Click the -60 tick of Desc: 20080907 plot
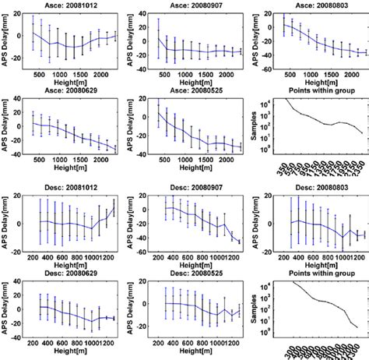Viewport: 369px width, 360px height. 147,252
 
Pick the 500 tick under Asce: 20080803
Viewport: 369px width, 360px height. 290,77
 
